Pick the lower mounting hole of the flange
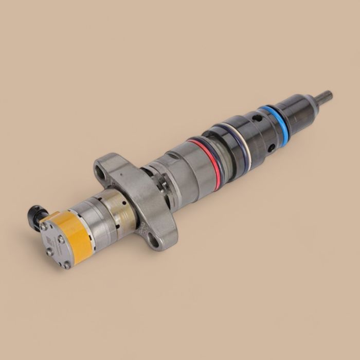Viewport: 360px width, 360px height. coord(154,238)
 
